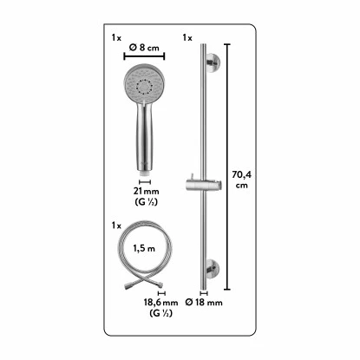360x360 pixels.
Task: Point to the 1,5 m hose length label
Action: pyautogui.click(x=143, y=247)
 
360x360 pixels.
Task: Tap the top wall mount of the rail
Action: pyautogui.click(x=208, y=62)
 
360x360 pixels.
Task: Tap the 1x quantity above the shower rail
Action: pyautogui.click(x=187, y=38)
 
